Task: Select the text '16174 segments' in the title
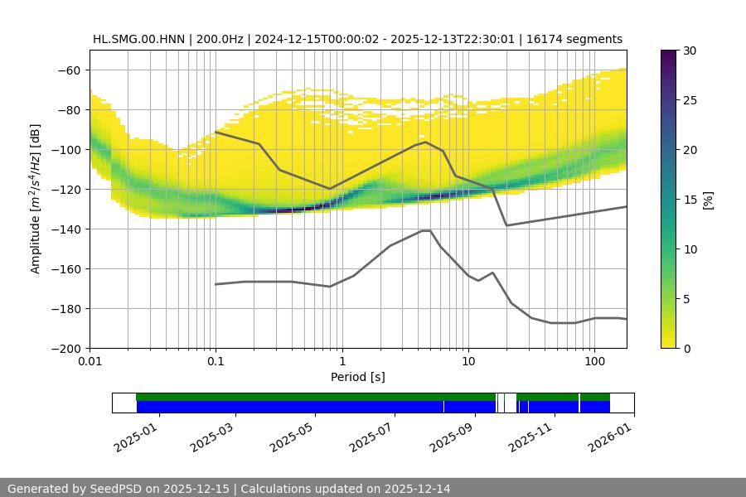point(579,39)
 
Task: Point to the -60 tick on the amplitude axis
point(70,70)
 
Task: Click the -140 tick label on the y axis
point(66,229)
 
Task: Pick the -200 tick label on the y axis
point(66,349)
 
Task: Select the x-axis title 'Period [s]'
point(357,378)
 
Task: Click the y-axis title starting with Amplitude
point(35,199)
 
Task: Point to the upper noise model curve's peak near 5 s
point(426,142)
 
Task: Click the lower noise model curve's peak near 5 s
point(426,230)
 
